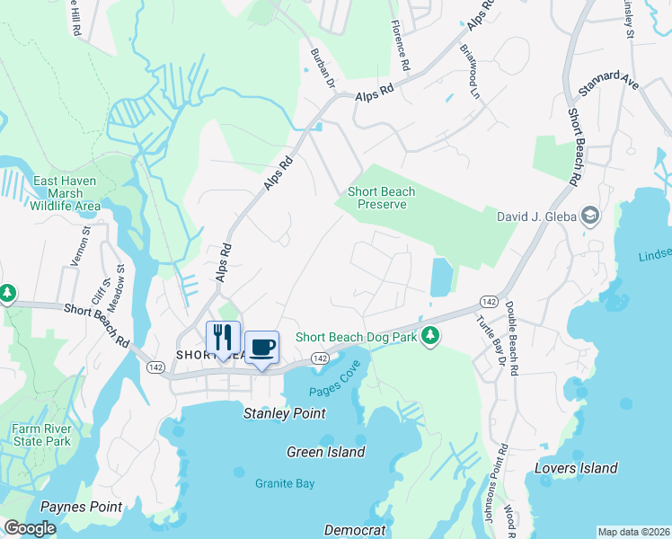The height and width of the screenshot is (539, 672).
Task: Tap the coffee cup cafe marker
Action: pyautogui.click(x=261, y=347)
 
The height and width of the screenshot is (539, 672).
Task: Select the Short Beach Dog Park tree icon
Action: pyautogui.click(x=431, y=336)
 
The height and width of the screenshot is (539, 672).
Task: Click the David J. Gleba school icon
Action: pyautogui.click(x=590, y=216)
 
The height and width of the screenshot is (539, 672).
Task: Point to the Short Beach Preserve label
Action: pyautogui.click(x=377, y=198)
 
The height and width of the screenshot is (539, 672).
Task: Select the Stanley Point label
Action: pyautogui.click(x=285, y=413)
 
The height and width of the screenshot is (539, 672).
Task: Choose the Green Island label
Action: pyautogui.click(x=326, y=452)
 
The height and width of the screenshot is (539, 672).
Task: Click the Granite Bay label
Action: pyautogui.click(x=284, y=483)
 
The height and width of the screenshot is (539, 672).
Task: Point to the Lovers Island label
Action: pyautogui.click(x=576, y=468)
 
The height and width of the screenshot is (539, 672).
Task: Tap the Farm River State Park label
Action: pyautogui.click(x=41, y=435)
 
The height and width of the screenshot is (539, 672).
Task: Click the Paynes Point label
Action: pyautogui.click(x=81, y=507)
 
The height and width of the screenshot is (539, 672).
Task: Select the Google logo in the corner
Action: pyautogui.click(x=31, y=528)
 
